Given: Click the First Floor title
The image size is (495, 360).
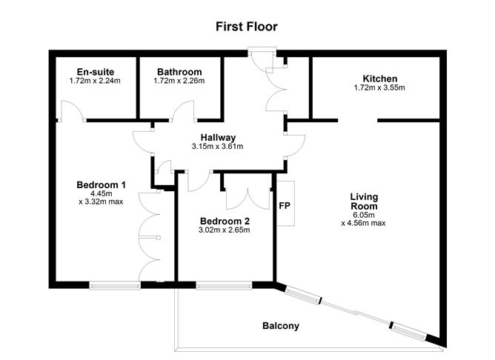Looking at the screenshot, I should [247, 27].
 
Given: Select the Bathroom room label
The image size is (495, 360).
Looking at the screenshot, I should [179, 72].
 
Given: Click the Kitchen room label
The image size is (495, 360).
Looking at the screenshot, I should [380, 79].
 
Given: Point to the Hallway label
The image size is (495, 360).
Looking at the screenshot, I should [218, 137].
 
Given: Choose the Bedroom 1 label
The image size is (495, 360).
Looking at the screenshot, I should [101, 184].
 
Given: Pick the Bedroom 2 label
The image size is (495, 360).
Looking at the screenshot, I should [225, 221].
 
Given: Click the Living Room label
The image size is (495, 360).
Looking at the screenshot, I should [364, 201].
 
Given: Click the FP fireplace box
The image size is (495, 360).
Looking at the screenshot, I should [285, 204].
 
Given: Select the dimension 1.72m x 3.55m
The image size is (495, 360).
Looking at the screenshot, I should [380, 88].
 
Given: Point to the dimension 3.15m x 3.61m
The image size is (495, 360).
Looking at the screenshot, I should [217, 147].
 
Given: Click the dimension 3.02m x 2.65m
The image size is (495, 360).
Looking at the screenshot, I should [225, 230].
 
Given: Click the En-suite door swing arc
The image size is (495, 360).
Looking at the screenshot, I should [70, 111].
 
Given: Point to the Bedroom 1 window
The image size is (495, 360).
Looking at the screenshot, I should [114, 284].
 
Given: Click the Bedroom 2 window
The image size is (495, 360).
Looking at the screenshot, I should [224, 284].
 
